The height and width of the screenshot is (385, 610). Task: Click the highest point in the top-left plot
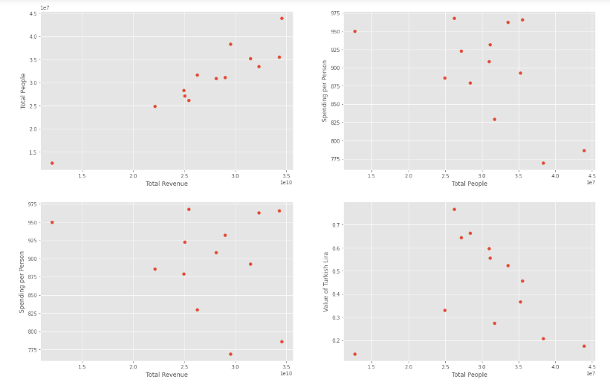click(x=282, y=19)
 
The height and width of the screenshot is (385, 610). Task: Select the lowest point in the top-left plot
click(x=52, y=163)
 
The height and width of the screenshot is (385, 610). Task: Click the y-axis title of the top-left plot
click(x=24, y=91)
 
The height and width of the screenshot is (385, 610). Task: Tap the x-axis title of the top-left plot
click(x=166, y=184)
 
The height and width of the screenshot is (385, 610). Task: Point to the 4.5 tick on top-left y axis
click(x=33, y=14)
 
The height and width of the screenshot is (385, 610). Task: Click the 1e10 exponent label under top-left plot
click(x=286, y=182)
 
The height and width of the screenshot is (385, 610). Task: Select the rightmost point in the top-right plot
click(x=584, y=151)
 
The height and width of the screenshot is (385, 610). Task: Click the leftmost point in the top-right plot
click(x=354, y=31)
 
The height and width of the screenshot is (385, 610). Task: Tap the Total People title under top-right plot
click(x=470, y=184)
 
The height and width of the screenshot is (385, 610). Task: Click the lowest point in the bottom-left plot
click(x=230, y=354)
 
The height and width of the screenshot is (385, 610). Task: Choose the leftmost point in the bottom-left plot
click(x=52, y=222)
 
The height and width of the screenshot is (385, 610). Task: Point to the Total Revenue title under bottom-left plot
click(x=166, y=375)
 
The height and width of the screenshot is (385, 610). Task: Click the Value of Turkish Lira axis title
click(x=325, y=282)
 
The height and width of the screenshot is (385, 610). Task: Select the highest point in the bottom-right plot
click(x=455, y=209)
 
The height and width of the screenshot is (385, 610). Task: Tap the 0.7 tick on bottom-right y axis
click(x=335, y=224)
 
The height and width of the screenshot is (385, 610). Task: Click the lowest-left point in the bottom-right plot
click(x=354, y=354)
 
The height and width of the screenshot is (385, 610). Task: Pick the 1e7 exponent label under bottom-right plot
click(x=590, y=374)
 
